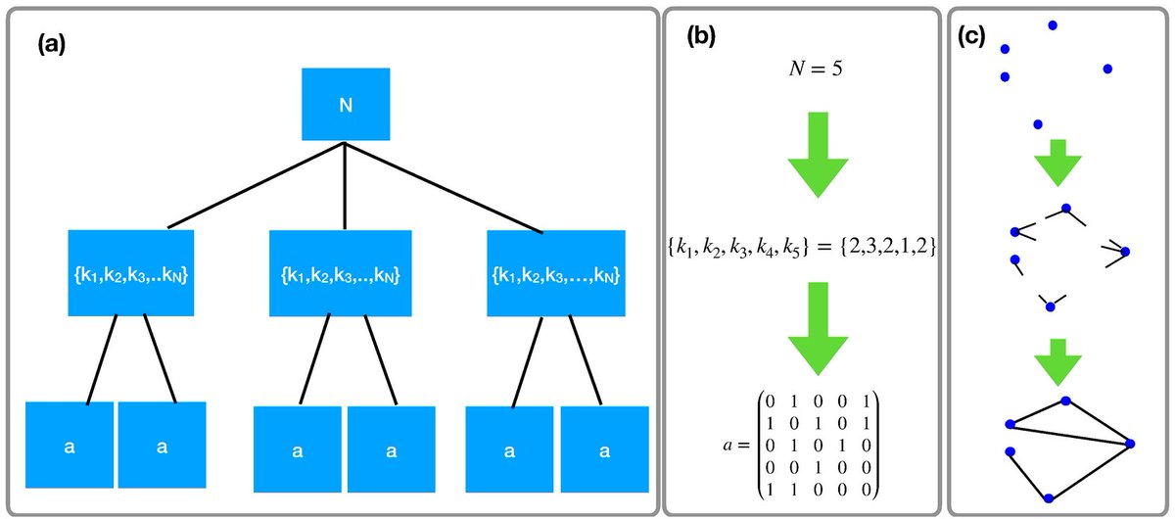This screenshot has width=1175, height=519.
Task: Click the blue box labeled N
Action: click(x=346, y=106)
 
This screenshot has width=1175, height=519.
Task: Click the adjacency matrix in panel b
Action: click(x=800, y=444)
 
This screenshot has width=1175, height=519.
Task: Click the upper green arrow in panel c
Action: click(x=1057, y=163)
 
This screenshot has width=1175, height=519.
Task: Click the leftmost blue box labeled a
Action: click(x=69, y=446)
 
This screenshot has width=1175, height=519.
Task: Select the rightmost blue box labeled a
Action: click(x=604, y=449)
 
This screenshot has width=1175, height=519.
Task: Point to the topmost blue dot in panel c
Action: click(x=1053, y=25)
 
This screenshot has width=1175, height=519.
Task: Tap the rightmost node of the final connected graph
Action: click(x=1130, y=444)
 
